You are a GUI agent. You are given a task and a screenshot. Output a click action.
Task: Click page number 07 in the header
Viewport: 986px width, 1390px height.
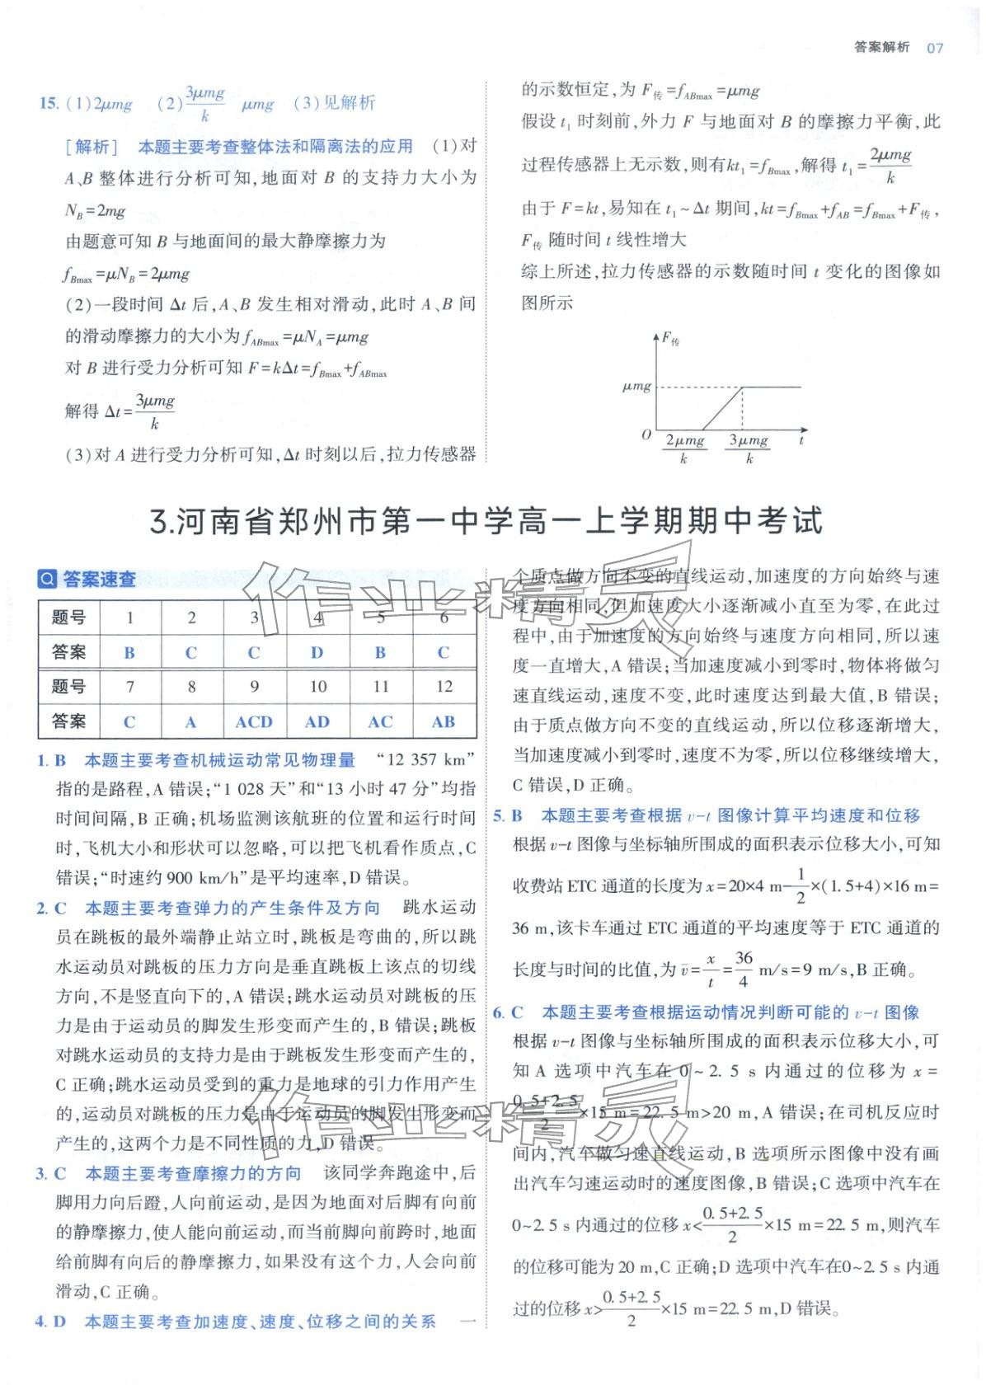tap(934, 48)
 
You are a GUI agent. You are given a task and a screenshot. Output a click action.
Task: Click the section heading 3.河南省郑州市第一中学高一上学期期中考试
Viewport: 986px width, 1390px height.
tap(488, 522)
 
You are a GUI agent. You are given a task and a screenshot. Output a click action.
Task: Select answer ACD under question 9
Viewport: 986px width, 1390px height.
tap(254, 722)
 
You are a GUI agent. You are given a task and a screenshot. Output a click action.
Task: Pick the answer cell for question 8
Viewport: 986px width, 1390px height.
tap(191, 722)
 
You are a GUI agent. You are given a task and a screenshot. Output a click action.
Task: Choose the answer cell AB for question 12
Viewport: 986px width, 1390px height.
tap(444, 722)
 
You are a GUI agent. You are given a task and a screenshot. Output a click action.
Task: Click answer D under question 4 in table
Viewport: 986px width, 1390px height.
tap(317, 653)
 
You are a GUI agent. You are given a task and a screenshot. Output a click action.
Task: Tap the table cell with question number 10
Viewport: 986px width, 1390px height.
tap(317, 687)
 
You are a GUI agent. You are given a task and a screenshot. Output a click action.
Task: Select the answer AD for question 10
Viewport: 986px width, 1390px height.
tap(317, 722)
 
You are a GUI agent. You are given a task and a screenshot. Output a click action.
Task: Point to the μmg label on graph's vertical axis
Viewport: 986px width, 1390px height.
tap(636, 386)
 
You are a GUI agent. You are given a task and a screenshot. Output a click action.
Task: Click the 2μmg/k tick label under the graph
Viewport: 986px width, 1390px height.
tap(684, 449)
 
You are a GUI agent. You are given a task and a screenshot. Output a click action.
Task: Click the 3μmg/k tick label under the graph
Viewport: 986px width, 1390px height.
tap(749, 449)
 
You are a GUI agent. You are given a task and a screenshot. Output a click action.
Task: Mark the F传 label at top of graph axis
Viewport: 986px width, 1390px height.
tap(671, 338)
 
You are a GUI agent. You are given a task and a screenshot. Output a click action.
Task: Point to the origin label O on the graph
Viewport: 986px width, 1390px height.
tap(646, 434)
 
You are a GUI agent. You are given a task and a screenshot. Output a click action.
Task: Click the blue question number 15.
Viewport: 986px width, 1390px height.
tap(49, 104)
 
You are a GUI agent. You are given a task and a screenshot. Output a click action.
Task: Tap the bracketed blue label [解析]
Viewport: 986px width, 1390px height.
tap(92, 147)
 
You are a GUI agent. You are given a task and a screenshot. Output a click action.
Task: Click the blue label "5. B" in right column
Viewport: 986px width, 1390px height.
tap(508, 816)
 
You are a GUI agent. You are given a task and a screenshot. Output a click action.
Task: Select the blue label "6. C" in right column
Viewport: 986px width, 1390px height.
tap(508, 1012)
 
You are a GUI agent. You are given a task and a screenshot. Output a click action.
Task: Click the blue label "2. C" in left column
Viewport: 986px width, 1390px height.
tap(51, 909)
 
